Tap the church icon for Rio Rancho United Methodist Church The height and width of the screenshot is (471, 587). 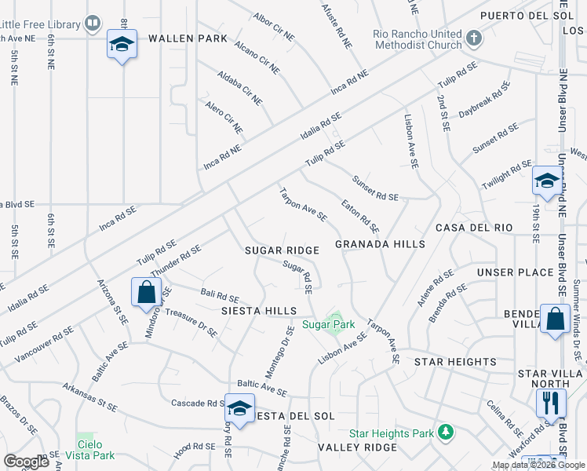coord(473,38)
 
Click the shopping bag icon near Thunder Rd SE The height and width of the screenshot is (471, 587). coord(147,293)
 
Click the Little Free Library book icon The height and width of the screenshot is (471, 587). coord(93,24)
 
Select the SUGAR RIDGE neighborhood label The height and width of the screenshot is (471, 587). coord(282,250)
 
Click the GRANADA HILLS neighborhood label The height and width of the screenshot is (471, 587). coord(380,244)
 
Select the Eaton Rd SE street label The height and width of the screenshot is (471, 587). coord(361,217)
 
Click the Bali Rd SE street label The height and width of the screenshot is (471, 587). coord(220,296)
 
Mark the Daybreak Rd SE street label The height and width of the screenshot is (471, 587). coord(484,100)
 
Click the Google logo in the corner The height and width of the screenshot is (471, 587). coord(26,462)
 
